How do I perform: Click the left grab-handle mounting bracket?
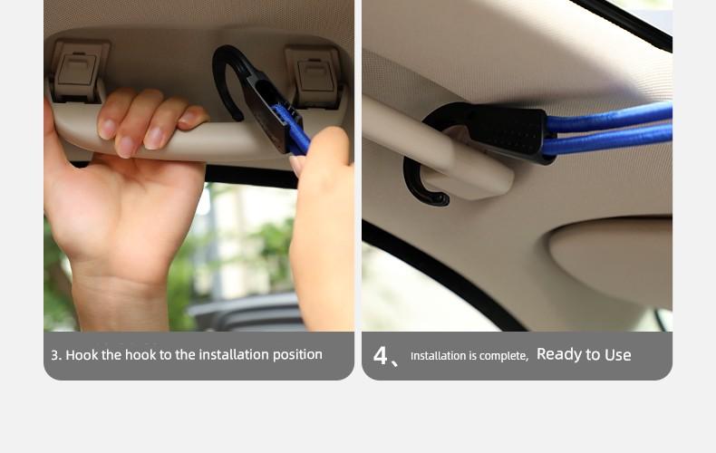point(78,71)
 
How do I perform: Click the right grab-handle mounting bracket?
point(314,76)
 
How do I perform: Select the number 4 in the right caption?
point(380,355)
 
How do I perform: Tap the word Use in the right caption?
point(618,355)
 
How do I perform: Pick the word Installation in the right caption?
point(438,356)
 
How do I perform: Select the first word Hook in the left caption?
point(82,355)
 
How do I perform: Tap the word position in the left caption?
point(297,355)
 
